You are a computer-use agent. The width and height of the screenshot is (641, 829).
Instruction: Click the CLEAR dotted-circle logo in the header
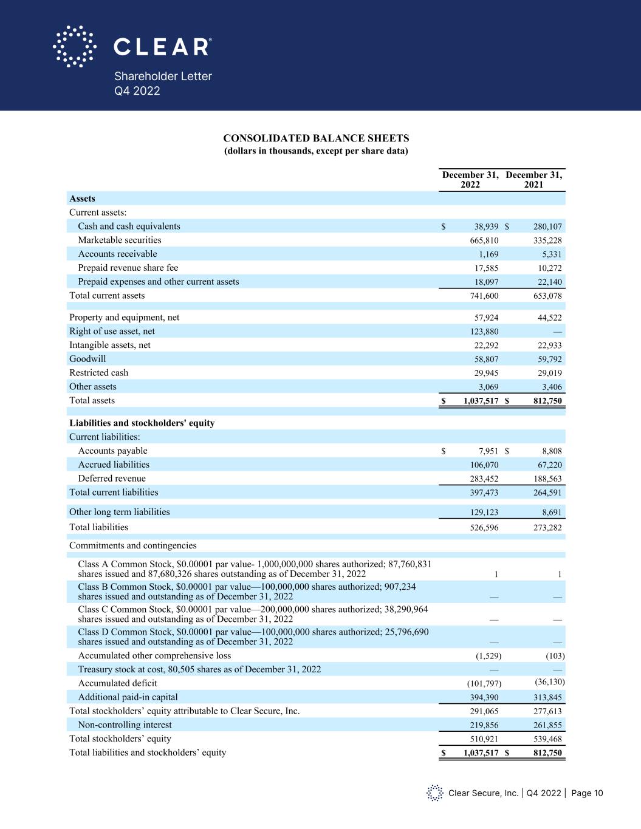[75, 46]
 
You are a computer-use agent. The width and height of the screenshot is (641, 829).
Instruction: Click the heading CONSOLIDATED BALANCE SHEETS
[316, 138]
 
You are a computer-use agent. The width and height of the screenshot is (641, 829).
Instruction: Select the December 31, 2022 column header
[470, 180]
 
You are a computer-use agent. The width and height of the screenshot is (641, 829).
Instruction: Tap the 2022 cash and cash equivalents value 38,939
[486, 227]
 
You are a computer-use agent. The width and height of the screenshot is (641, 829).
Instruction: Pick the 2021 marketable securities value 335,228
[547, 241]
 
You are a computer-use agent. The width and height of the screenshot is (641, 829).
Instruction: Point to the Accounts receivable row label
[117, 254]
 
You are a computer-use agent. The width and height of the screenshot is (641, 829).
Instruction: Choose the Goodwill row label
[87, 359]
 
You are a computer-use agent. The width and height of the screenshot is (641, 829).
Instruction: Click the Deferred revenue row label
[112, 479]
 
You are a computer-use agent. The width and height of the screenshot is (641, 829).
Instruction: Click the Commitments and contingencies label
[133, 545]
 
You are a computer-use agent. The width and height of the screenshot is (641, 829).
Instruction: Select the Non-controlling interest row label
[125, 725]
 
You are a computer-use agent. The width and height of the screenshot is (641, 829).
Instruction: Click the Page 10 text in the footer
[587, 793]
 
